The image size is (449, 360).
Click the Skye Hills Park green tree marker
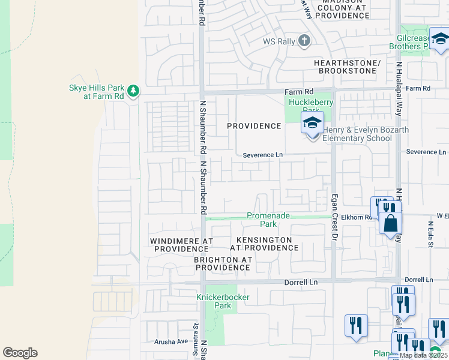pyautogui.click(x=133, y=91)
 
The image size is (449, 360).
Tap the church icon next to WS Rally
pyautogui.click(x=304, y=41)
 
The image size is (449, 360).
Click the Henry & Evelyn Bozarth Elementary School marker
pyautogui.click(x=312, y=124)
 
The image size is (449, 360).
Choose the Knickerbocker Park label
pyautogui.click(x=214, y=301)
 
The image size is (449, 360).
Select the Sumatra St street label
pyautogui.click(x=196, y=330)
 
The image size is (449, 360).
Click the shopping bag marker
pyautogui.click(x=390, y=223)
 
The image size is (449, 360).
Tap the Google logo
pyautogui.click(x=20, y=353)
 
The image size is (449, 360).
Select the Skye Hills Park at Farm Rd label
pyautogui.click(x=96, y=91)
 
